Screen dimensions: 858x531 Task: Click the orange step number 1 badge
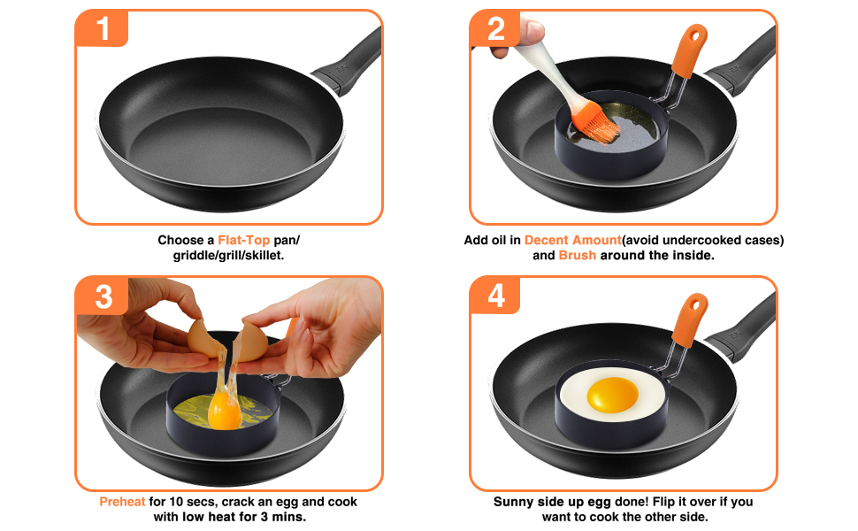click(102, 28)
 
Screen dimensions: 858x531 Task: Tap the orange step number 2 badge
click(495, 28)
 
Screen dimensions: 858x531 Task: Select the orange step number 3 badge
click(103, 296)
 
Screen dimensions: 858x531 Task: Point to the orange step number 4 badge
click(495, 296)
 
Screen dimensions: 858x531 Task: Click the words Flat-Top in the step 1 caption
click(243, 241)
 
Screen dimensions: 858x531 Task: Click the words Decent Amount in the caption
click(572, 241)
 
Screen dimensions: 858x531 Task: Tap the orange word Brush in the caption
click(577, 256)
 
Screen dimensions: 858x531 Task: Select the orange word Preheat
click(122, 502)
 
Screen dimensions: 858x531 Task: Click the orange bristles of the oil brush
click(595, 123)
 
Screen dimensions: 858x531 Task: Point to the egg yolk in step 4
click(613, 395)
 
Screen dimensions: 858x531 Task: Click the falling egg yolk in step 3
click(225, 412)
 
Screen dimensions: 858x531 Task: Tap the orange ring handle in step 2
click(688, 50)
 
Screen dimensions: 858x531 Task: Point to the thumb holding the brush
click(529, 30)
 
